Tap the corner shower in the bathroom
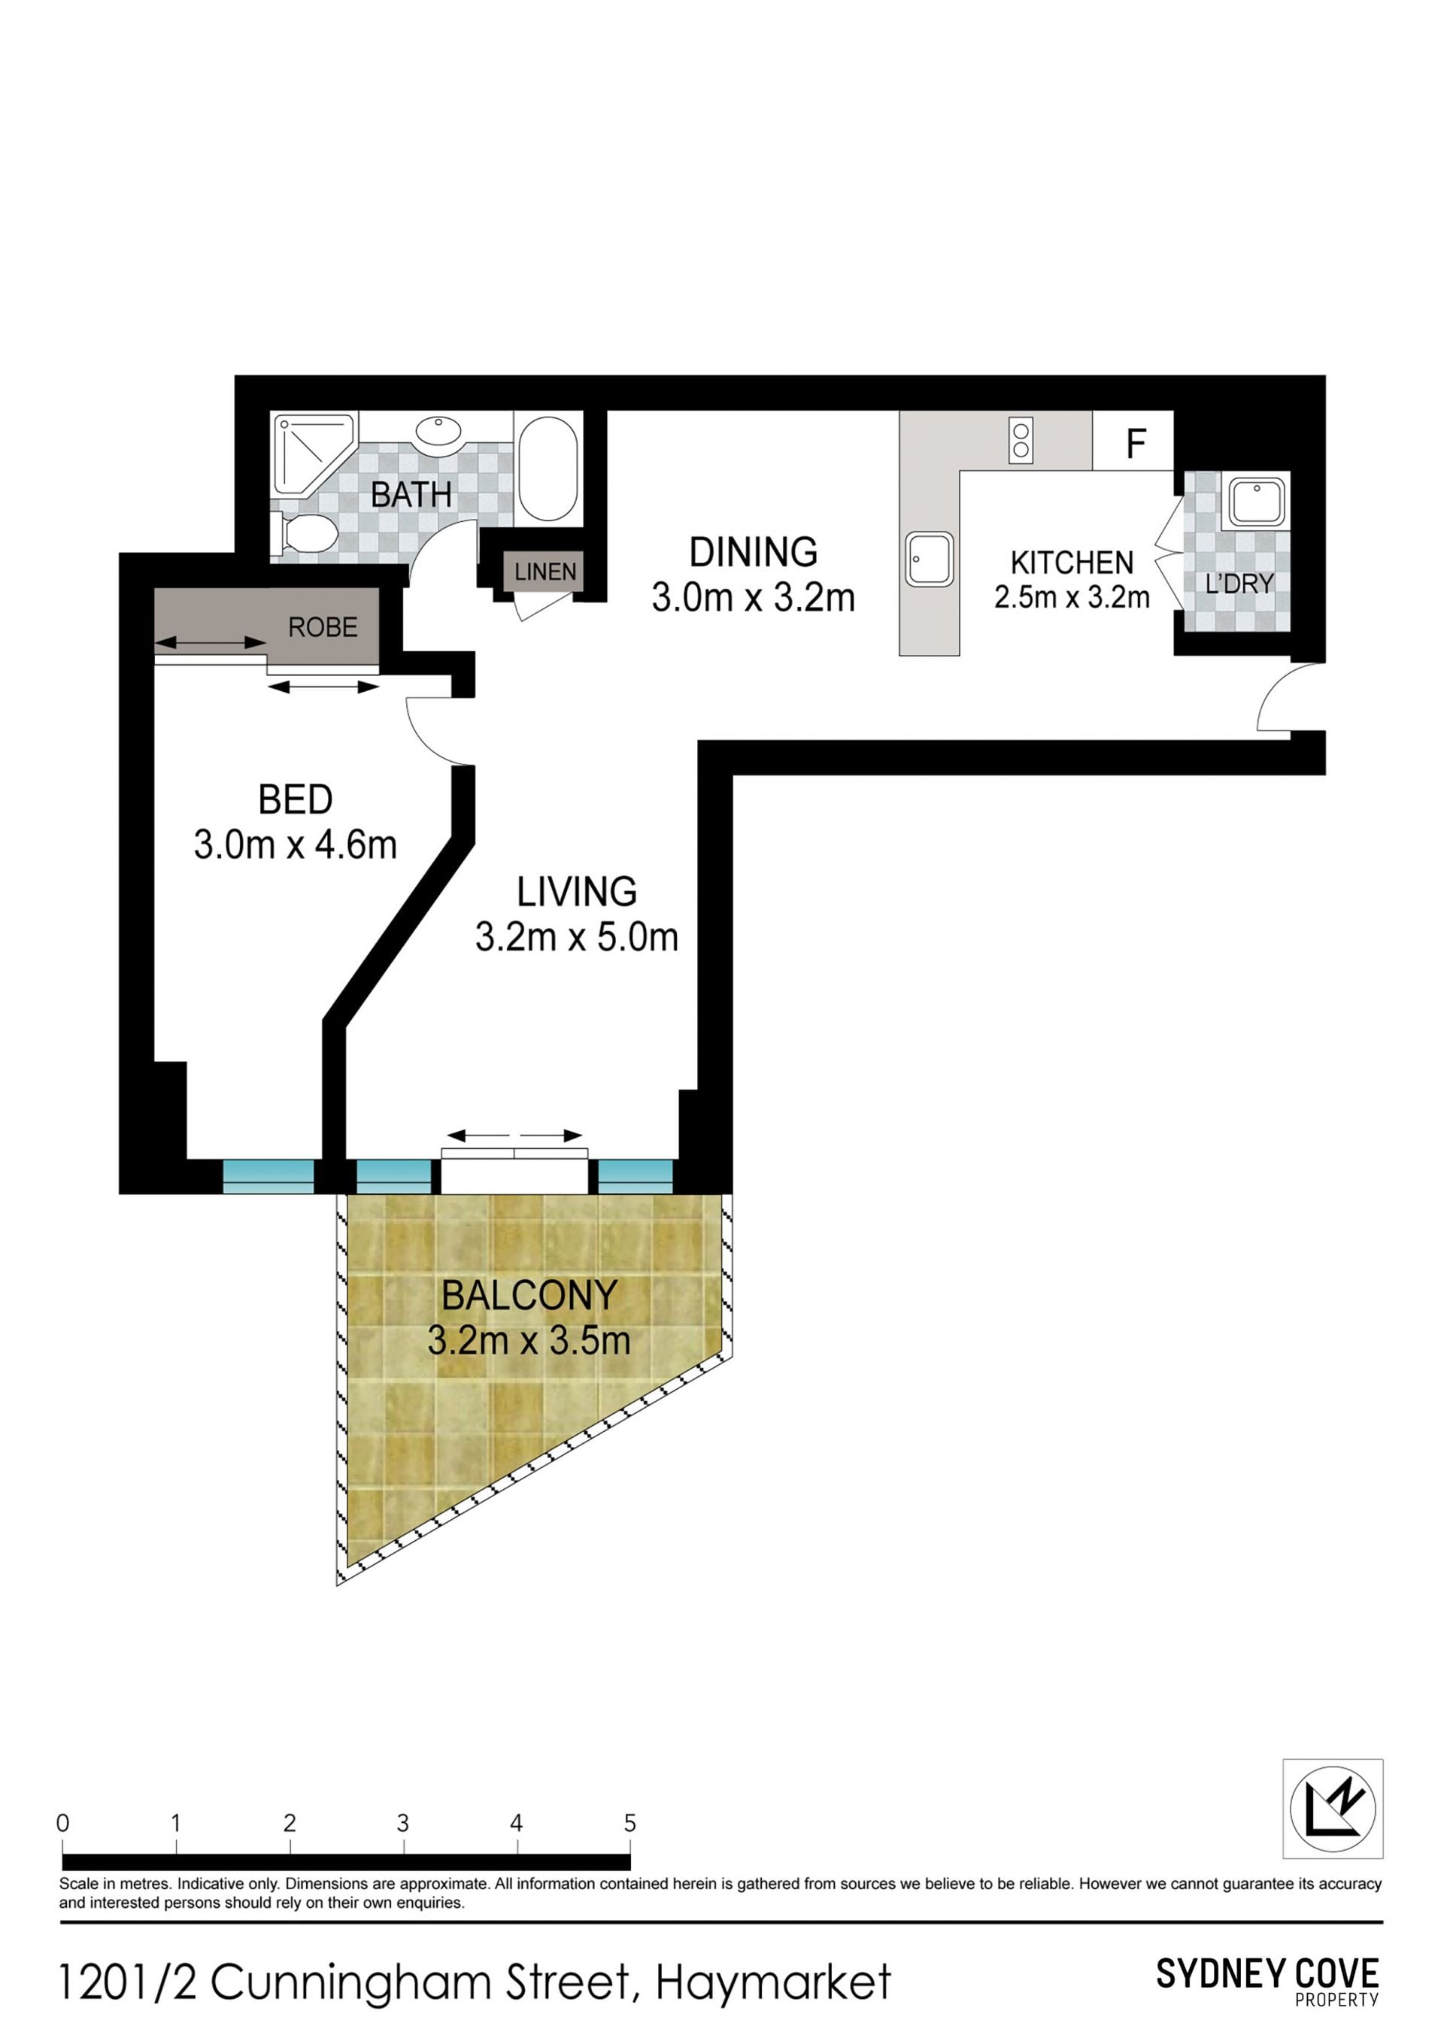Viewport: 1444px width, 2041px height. (x=313, y=453)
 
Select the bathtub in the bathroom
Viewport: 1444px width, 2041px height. (x=548, y=469)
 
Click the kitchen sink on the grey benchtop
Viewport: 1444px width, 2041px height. (x=930, y=560)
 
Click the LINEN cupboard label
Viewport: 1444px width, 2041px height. (x=545, y=572)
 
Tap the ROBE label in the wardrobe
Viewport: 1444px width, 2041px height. (x=323, y=628)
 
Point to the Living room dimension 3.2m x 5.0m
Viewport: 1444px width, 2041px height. (x=576, y=937)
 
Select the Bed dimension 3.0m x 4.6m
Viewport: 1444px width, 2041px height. (x=296, y=845)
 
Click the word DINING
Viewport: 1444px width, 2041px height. (x=753, y=552)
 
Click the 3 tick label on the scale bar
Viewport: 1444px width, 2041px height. (x=403, y=1824)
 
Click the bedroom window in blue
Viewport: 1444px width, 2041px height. (x=268, y=1176)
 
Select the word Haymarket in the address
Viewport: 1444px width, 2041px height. (x=774, y=1983)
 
